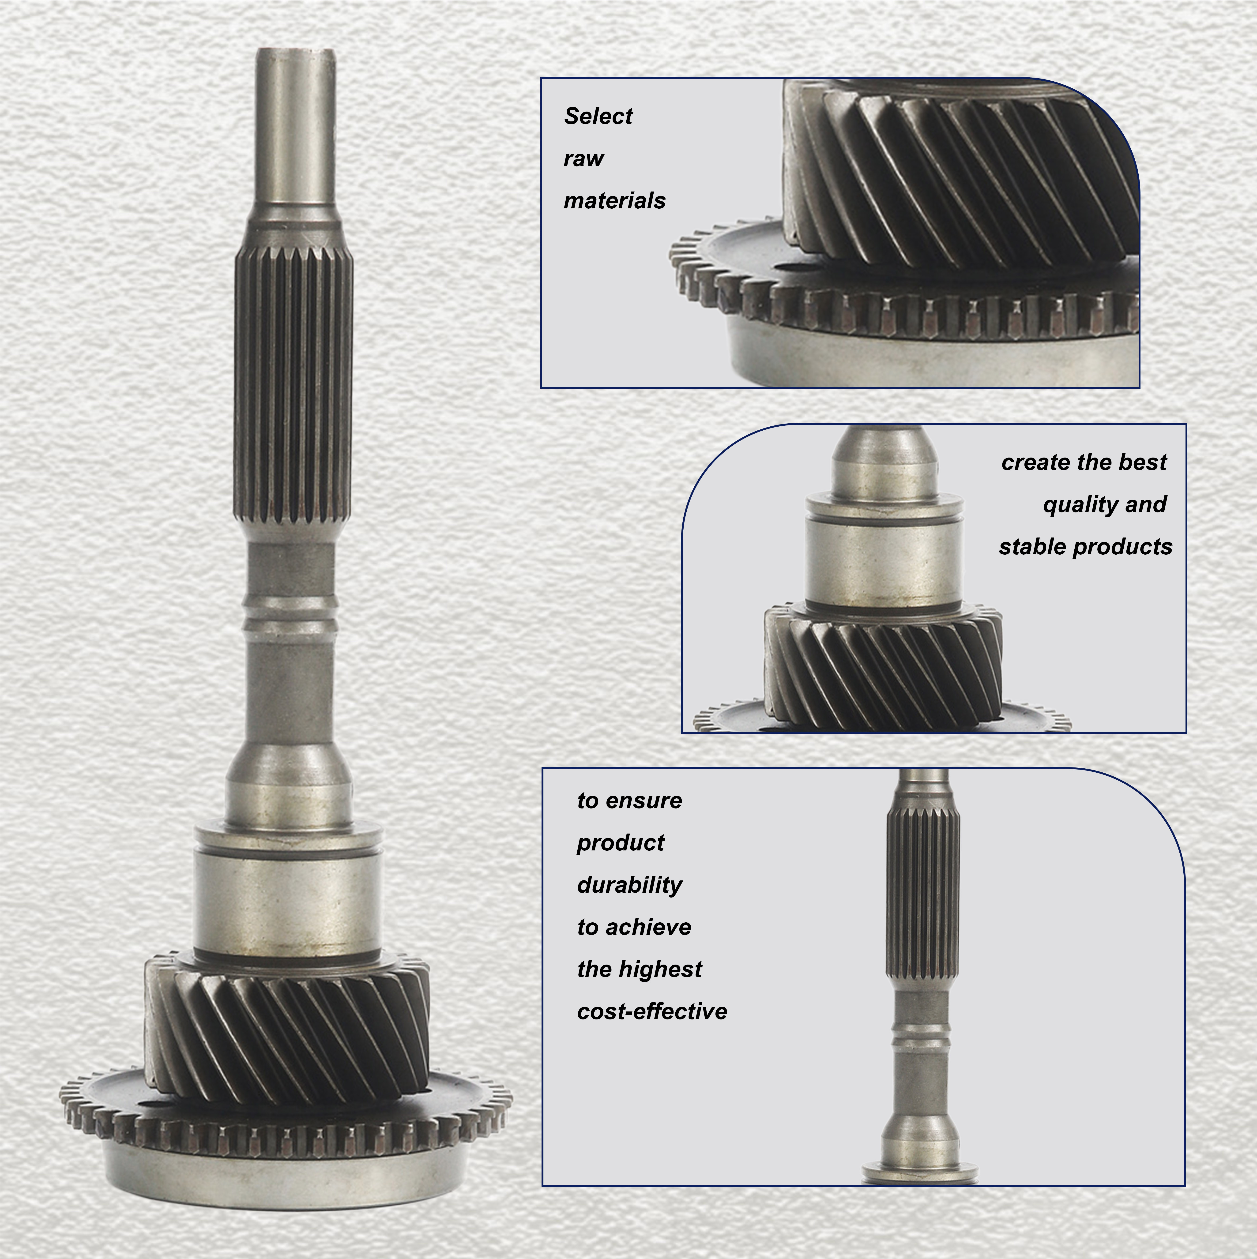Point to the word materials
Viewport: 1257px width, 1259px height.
614,201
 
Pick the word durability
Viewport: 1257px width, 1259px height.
629,885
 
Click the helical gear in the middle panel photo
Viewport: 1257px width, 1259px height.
883,671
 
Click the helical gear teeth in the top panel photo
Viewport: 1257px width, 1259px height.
961,176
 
